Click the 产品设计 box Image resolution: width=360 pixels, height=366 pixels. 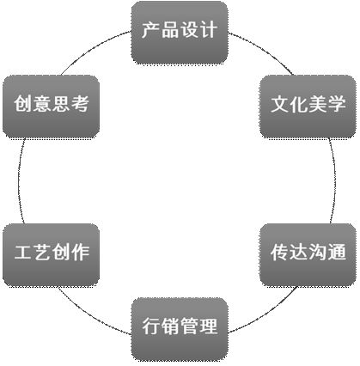(x=180, y=33)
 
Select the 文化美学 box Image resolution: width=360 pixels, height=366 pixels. (x=308, y=107)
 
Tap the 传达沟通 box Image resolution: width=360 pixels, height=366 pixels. (x=308, y=255)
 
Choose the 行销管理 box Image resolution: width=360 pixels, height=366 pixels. (x=180, y=329)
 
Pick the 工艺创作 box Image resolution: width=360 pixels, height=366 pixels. (x=51, y=255)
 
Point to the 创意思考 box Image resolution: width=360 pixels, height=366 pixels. (x=51, y=107)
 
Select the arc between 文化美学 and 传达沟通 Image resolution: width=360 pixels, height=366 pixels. (x=335, y=180)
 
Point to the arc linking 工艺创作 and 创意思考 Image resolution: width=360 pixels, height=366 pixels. (x=19, y=180)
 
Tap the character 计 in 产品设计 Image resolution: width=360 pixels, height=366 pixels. (x=208, y=30)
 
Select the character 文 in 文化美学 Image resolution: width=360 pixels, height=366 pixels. (x=279, y=104)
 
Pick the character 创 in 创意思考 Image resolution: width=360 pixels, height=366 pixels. (x=22, y=103)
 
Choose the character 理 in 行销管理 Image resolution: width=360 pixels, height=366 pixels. (x=208, y=326)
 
